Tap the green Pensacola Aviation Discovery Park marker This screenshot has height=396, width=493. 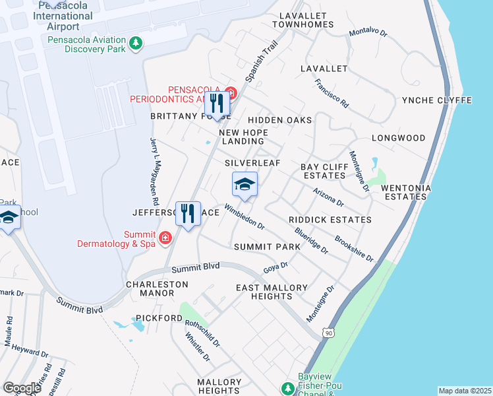coord(136,44)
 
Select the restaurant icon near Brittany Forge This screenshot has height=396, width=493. coord(217,104)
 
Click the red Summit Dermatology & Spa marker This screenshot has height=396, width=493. coord(165,236)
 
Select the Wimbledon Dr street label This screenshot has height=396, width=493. coord(244,216)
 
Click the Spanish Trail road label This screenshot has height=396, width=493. coord(260,62)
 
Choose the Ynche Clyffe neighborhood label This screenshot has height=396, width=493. coord(437,100)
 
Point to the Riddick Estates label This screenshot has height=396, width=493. coord(330,220)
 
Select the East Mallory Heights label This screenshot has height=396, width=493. coord(272,292)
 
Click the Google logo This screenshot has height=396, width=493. coord(22,387)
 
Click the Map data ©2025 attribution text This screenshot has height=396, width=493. coord(464,391)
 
